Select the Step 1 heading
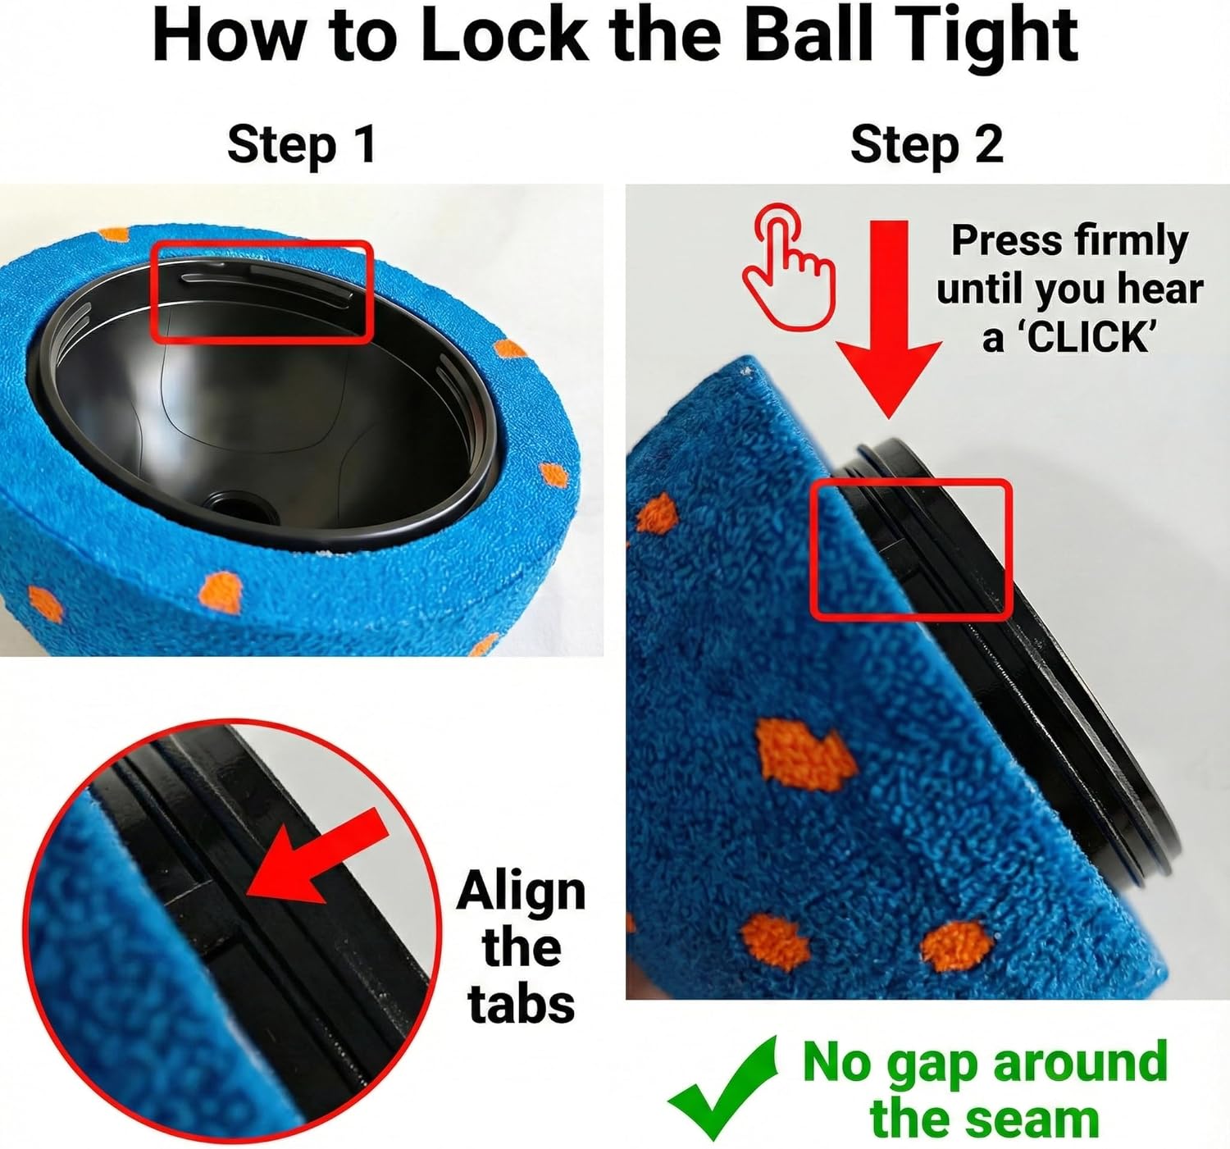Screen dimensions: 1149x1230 pos(301,145)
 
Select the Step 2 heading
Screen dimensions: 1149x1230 pos(927,145)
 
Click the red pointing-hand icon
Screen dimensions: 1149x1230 pos(788,267)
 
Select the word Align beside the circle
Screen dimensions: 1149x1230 pos(522,891)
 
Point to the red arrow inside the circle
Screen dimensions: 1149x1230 pos(320,857)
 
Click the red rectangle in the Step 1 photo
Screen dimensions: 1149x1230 pos(262,291)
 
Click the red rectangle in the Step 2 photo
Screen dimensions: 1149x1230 pos(910,549)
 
